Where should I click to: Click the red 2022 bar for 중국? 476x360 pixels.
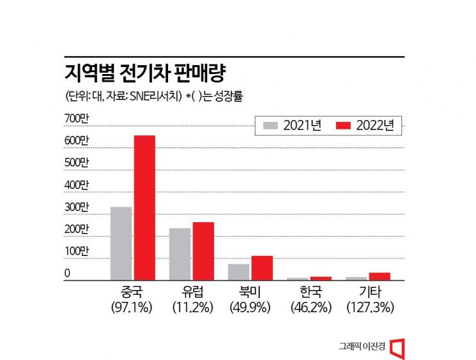point(144,207)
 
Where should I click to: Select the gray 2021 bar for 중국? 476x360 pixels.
point(121,243)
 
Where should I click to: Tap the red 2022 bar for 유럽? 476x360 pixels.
point(203,251)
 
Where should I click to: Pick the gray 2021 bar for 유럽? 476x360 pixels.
point(180,254)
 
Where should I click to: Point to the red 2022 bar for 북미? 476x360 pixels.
point(262,267)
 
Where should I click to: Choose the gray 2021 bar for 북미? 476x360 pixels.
point(238,272)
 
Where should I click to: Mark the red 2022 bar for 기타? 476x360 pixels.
point(380,276)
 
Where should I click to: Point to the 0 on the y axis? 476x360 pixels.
point(68,274)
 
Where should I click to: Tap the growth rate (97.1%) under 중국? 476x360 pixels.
point(132,307)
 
